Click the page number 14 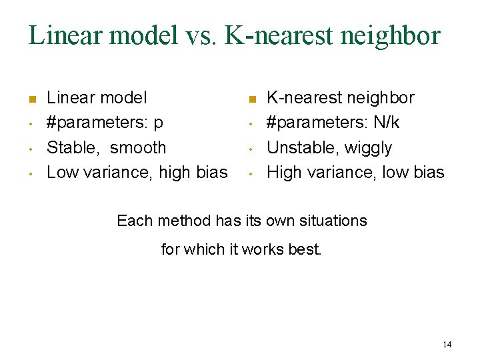tap(447, 344)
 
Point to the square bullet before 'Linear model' tap(31, 100)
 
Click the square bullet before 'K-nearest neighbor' tap(251, 100)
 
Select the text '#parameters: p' tap(105, 123)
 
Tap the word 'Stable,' tap(73, 147)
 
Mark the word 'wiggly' tap(368, 147)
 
